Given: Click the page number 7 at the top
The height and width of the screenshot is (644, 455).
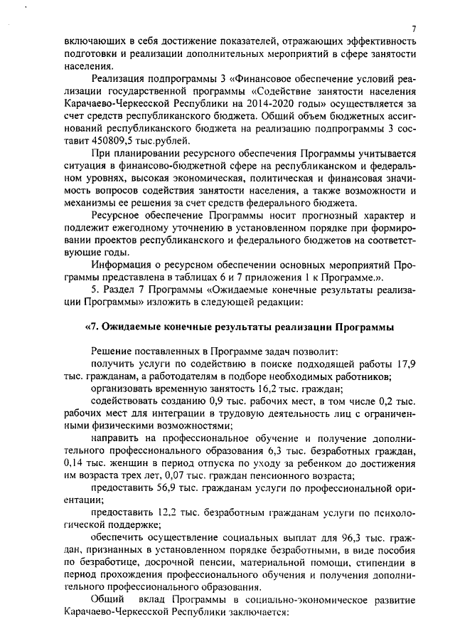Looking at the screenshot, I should click(x=413, y=28).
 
